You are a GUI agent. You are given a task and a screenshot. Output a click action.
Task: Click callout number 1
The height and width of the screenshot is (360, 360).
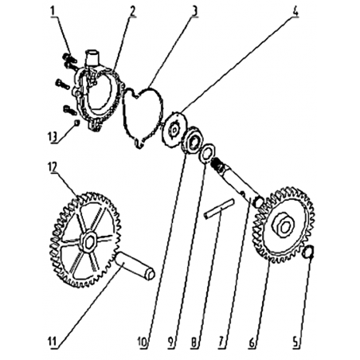tap(53, 11)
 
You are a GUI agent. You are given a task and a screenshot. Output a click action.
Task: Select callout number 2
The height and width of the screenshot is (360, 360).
tap(132, 11)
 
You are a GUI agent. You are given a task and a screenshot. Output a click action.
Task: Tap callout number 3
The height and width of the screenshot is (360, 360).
tap(194, 11)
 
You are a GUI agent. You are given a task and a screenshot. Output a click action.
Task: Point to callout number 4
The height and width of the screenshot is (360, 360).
tap(295, 11)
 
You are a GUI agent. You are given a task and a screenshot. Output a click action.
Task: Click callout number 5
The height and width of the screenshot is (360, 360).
tap(295, 342)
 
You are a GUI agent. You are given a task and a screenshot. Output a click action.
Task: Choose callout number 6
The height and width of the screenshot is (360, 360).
tap(252, 342)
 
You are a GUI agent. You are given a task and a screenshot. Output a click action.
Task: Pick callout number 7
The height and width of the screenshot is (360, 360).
tap(221, 342)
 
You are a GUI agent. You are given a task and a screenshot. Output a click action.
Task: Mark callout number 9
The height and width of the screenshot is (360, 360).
tap(171, 342)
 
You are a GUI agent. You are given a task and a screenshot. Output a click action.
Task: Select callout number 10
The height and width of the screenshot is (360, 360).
tap(143, 342)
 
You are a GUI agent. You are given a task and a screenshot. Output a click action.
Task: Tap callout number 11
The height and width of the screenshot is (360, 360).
tap(53, 342)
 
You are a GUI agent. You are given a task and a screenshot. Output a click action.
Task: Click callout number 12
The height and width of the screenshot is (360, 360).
tap(52, 167)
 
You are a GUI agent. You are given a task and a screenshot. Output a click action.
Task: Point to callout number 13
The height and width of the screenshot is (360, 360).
tap(52, 137)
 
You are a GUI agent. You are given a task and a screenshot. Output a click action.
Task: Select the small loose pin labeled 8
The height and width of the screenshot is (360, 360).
tap(219, 209)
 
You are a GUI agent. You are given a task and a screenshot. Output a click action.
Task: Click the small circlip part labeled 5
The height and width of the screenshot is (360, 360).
tap(308, 252)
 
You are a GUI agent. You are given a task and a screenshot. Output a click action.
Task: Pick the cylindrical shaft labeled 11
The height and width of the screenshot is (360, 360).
tap(135, 266)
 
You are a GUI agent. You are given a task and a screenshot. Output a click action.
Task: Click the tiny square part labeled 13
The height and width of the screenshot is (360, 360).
tap(76, 123)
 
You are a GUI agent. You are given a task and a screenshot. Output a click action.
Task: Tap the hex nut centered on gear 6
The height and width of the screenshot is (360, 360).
tap(284, 226)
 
